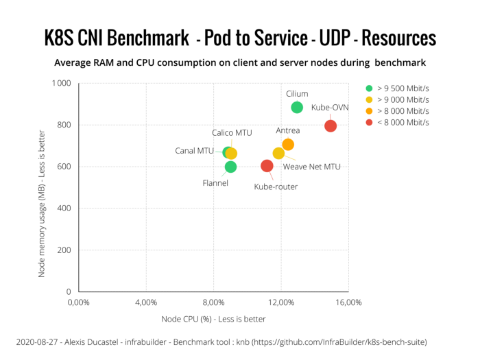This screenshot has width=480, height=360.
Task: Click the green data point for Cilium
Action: (297, 107)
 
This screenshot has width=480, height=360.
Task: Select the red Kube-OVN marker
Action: (331, 125)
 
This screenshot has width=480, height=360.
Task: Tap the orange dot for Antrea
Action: (288, 144)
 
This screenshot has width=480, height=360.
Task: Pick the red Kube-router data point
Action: (267, 166)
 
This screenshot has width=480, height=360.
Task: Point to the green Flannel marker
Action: (230, 167)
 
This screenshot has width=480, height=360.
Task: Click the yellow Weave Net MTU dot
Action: (278, 153)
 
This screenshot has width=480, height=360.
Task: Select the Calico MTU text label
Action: (232, 132)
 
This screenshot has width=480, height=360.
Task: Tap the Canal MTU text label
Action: (195, 151)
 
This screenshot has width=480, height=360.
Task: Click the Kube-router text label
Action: (276, 186)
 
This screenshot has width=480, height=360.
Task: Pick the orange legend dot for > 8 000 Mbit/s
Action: (370, 111)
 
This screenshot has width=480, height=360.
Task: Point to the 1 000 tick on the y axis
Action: (61, 84)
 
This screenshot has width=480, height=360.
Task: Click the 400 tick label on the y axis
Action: (64, 208)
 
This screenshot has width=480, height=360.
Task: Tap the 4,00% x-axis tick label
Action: (146, 302)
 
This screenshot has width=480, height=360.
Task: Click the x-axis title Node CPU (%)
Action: (213, 319)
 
